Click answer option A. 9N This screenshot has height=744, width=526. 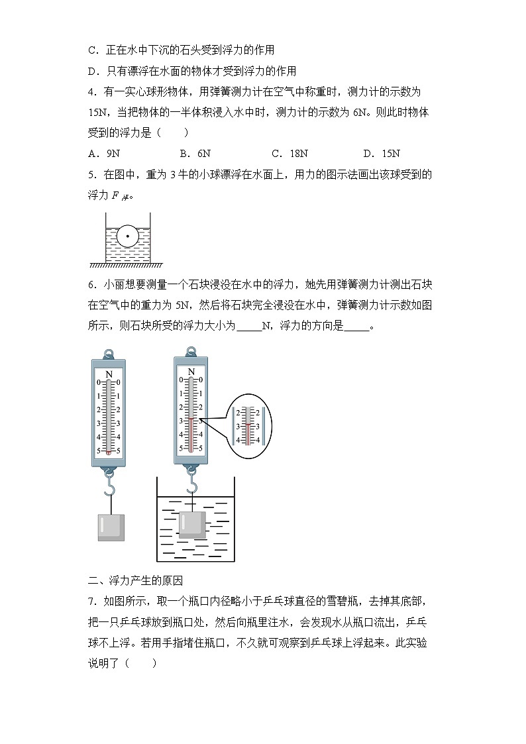104,154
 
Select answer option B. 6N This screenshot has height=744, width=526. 195,154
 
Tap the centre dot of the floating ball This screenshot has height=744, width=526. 127,236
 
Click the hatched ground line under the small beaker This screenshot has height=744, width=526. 127,265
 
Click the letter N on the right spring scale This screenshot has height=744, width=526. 191,372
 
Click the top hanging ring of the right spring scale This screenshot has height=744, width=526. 191,351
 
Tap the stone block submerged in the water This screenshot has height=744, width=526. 192,524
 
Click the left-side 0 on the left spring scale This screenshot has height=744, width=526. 99,382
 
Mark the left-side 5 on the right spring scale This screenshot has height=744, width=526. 181,449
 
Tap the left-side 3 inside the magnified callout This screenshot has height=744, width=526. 238,426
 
